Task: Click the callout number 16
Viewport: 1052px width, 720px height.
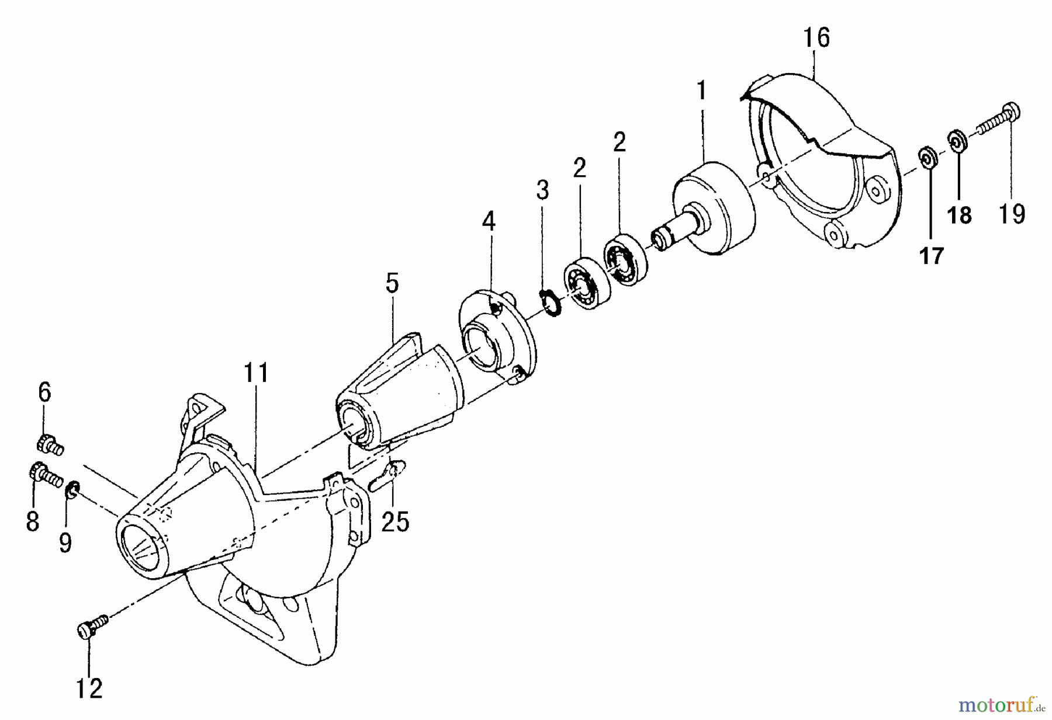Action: (x=816, y=38)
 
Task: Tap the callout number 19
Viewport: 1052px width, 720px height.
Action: (x=1012, y=214)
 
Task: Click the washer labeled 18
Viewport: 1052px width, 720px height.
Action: (x=957, y=141)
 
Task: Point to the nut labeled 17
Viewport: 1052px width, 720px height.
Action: (x=927, y=158)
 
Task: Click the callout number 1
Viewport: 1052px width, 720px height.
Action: (x=701, y=91)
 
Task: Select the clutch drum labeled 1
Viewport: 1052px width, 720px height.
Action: (x=713, y=210)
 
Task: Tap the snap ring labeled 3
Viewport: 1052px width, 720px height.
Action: (x=550, y=303)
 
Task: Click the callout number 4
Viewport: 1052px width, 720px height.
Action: (x=489, y=222)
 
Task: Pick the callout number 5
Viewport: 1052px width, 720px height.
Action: (x=392, y=283)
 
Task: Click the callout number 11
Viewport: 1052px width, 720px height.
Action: (x=256, y=373)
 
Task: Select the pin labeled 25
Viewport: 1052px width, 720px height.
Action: (x=387, y=474)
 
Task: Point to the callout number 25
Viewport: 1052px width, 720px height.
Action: (x=395, y=521)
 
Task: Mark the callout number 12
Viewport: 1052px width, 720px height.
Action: (x=89, y=689)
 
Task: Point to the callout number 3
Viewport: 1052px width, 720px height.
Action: (x=543, y=190)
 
